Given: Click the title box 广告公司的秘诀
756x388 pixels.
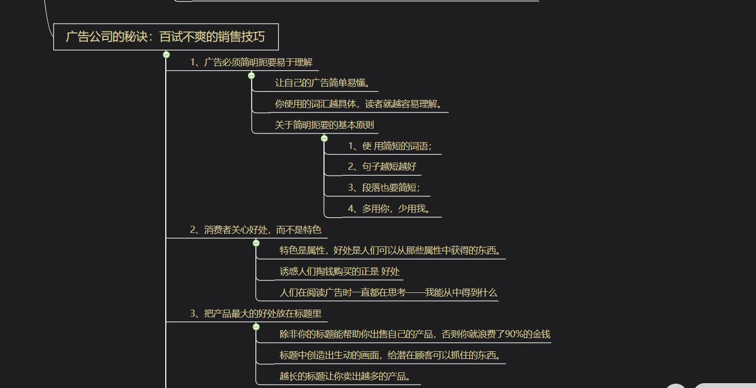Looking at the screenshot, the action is pos(166,37).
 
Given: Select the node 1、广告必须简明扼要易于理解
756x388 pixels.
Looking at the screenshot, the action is pos(251,63).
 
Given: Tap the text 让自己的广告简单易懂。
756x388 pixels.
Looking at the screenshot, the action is pos(323,83).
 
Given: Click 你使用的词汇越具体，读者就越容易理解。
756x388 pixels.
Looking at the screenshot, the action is pos(359,104).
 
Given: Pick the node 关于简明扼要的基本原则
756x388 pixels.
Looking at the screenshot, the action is pos(325,125).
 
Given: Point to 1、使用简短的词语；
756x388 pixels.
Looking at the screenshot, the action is pos(390,146).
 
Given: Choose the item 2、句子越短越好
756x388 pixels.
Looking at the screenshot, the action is pos(382,166).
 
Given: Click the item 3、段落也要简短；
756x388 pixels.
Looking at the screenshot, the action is pos(384,188).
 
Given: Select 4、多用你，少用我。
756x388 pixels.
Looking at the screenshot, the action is pos(389,209).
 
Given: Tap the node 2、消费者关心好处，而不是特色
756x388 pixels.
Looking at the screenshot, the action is pos(255,230).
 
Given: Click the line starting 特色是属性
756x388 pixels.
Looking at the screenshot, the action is pos(390,251).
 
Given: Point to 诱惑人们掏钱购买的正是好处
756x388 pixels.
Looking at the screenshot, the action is pos(340,271).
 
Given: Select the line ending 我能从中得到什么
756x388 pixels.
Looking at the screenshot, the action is pos(388,292).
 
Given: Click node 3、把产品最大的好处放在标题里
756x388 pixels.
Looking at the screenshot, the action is pos(255,314).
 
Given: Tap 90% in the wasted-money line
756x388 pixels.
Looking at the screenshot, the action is pos(514,335).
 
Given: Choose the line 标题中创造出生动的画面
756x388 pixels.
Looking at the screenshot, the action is pos(390,355).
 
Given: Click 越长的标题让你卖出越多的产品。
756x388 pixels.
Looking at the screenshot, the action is pos(345,376).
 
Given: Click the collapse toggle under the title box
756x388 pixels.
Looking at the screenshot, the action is pos(166,55).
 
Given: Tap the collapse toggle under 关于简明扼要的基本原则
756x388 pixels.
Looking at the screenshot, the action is pos(325,138).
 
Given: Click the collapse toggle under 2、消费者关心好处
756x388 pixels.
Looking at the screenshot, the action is pos(256,243).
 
